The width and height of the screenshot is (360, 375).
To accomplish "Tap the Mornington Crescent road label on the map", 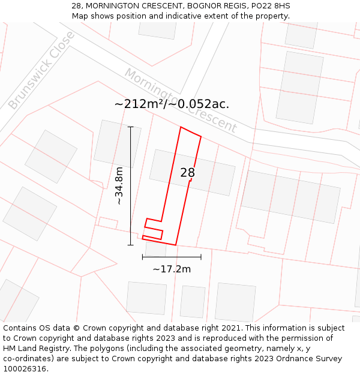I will [x=181, y=100].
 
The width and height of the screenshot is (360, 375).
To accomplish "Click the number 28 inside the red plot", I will [x=187, y=173].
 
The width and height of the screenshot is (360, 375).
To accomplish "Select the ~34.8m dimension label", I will [x=119, y=186].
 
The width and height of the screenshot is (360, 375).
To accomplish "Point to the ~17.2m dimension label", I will [x=172, y=269].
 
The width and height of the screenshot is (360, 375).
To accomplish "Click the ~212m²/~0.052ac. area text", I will [x=172, y=104].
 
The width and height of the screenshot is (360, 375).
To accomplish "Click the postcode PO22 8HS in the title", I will [x=269, y=6].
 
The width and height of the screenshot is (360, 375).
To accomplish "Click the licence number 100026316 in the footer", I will [x=23, y=369].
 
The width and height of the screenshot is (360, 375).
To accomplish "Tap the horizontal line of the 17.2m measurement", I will [x=172, y=257].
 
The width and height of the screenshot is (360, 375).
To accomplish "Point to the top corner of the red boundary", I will [x=181, y=127].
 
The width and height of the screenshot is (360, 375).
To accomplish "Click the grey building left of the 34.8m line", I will [x=117, y=144].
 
